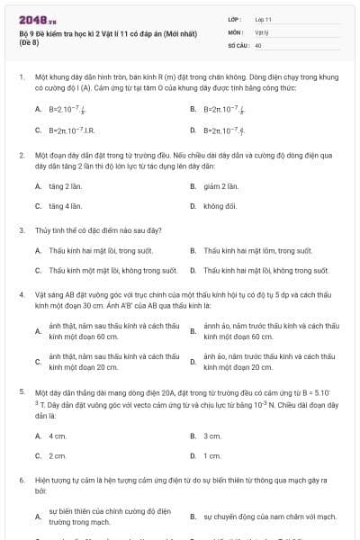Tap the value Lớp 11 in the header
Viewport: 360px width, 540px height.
263,19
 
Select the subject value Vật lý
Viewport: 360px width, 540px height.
261,31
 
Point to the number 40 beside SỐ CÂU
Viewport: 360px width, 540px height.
258,44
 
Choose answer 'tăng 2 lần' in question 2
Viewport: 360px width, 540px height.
66,185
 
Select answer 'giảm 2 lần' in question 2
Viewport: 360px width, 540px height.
220,185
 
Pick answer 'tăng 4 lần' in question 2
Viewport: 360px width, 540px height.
66,206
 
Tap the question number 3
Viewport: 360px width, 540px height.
21,229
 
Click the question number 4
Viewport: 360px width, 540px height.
21,294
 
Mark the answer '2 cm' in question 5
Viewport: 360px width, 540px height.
58,455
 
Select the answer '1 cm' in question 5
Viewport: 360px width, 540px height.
212,455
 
